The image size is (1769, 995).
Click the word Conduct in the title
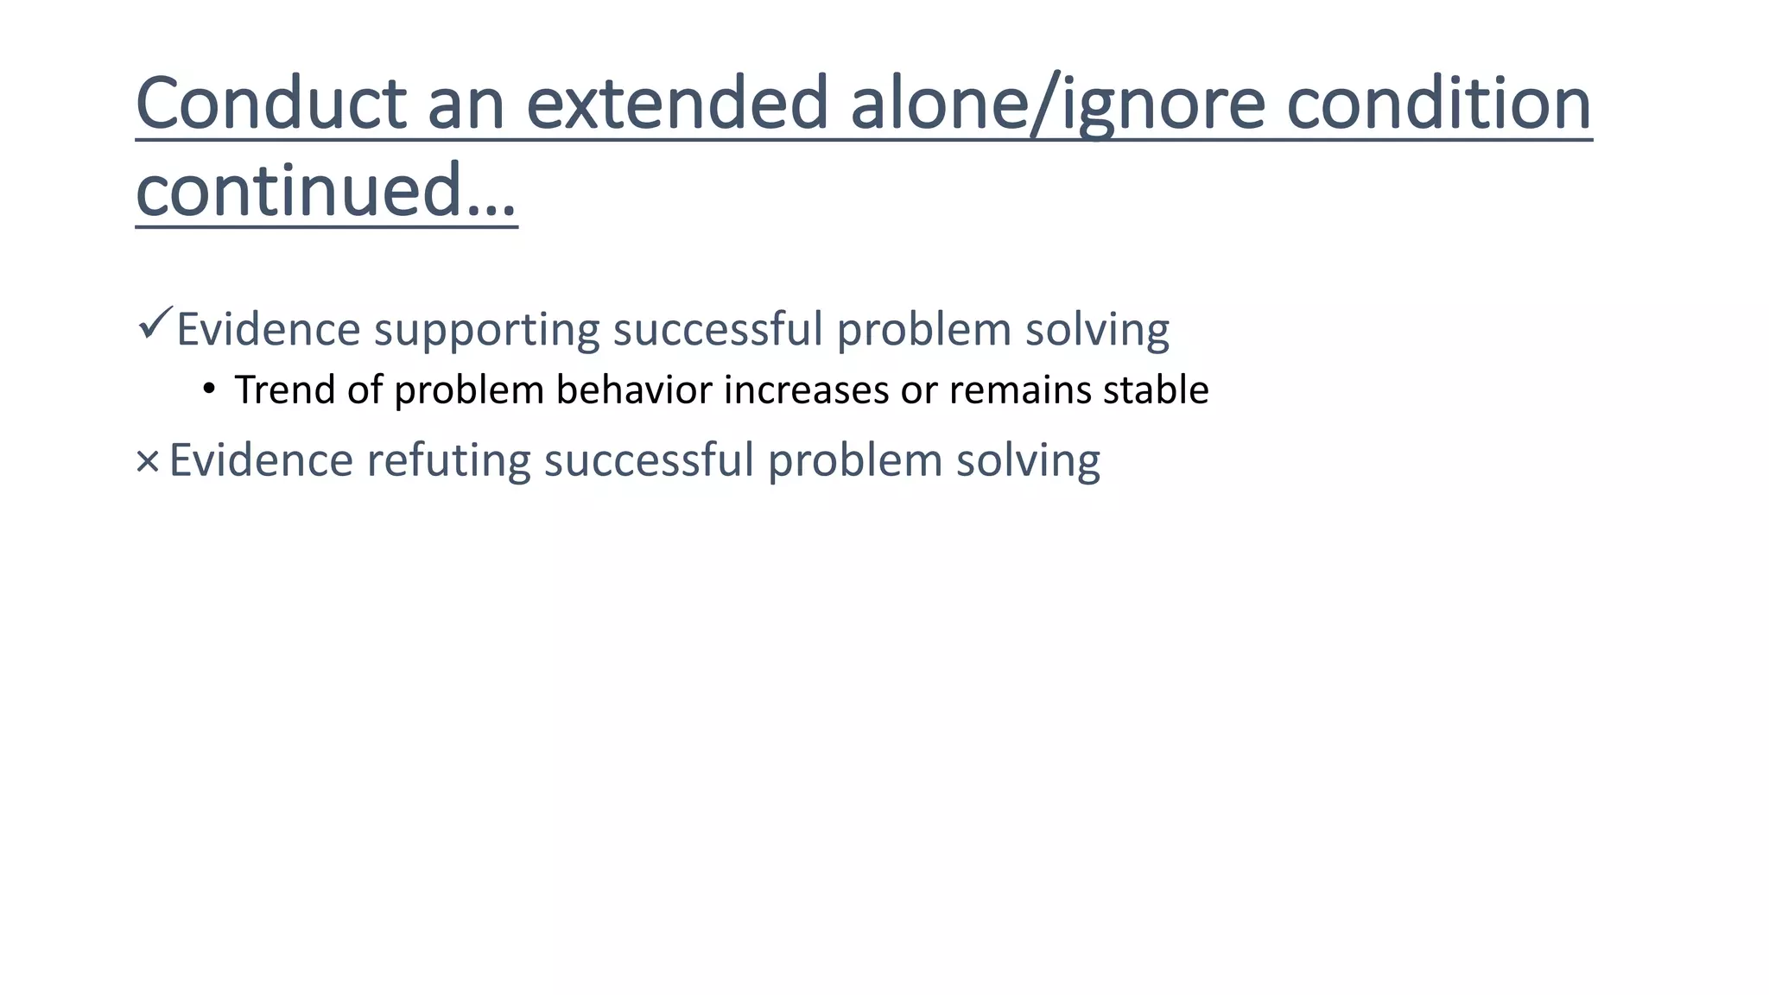[271, 104]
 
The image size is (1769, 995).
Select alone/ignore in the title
[1058, 104]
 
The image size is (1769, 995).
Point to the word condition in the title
[1439, 104]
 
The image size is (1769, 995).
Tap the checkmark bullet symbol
[155, 324]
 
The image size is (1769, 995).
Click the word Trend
[284, 390]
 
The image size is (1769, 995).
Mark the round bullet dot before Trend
[208, 389]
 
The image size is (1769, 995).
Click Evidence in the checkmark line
[269, 329]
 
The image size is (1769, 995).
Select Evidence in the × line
[261, 459]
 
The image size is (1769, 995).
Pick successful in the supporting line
[718, 329]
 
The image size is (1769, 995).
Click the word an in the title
[466, 104]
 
